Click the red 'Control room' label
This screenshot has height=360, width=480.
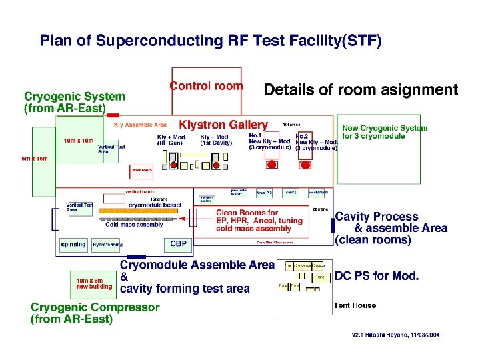click(x=206, y=86)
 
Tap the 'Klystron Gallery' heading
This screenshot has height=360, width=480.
click(x=223, y=125)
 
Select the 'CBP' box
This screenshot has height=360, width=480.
click(x=178, y=243)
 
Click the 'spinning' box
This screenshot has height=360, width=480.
click(x=73, y=244)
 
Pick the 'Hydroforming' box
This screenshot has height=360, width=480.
click(x=107, y=244)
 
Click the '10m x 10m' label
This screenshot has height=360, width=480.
click(x=79, y=141)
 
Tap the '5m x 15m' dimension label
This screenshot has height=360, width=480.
click(x=33, y=159)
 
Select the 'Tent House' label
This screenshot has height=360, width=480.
click(x=355, y=305)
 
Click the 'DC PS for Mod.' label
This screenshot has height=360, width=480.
click(x=377, y=276)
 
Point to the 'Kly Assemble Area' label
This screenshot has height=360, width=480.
click(x=140, y=125)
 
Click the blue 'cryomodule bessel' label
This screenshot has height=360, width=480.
click(x=156, y=205)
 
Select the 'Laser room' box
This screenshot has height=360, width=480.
click(x=141, y=170)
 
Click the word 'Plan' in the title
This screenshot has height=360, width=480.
click(x=56, y=41)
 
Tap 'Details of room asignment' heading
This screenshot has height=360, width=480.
click(x=361, y=89)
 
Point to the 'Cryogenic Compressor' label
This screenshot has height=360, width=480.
click(x=95, y=307)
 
